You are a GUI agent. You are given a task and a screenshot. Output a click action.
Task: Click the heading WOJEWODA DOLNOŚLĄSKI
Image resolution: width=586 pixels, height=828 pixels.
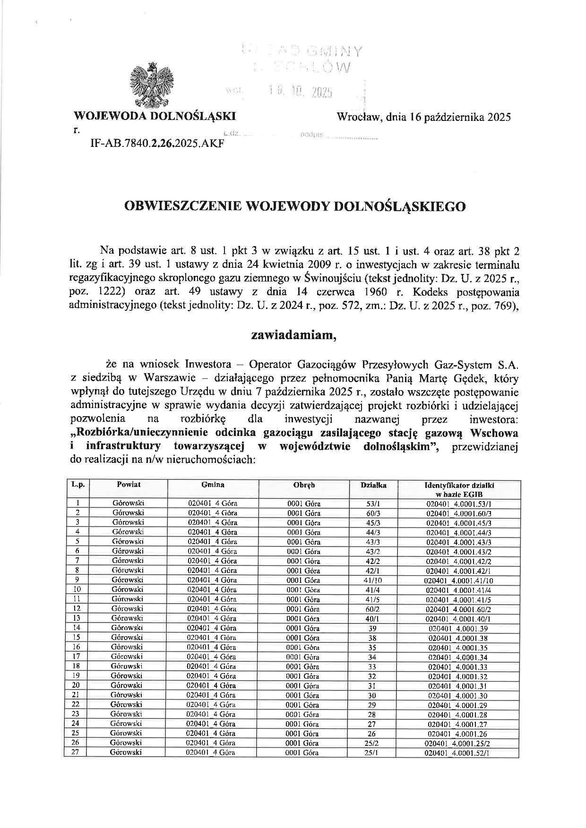(155, 117)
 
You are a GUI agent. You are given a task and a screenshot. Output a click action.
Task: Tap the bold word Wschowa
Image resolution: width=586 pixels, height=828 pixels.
(493, 433)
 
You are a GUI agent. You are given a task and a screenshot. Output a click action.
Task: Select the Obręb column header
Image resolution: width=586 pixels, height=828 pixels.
(304, 485)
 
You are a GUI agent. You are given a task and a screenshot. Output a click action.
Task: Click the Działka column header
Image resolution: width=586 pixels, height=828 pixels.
(373, 485)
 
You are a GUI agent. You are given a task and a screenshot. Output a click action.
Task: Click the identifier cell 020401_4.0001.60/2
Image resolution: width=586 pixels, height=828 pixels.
(459, 609)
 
